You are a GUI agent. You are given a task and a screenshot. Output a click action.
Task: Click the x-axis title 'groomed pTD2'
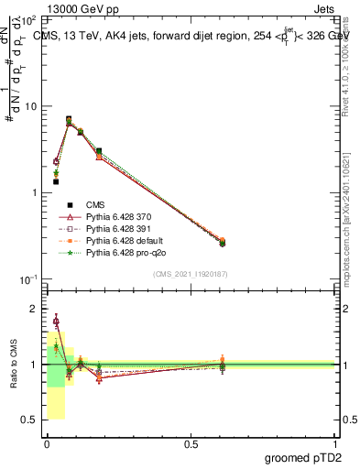pyautogui.click(x=303, y=457)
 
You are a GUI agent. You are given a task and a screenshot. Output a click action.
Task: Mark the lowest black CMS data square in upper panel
pyautogui.click(x=56, y=181)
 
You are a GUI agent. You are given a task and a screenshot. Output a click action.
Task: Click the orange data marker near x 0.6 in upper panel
pyautogui.click(x=223, y=240)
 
